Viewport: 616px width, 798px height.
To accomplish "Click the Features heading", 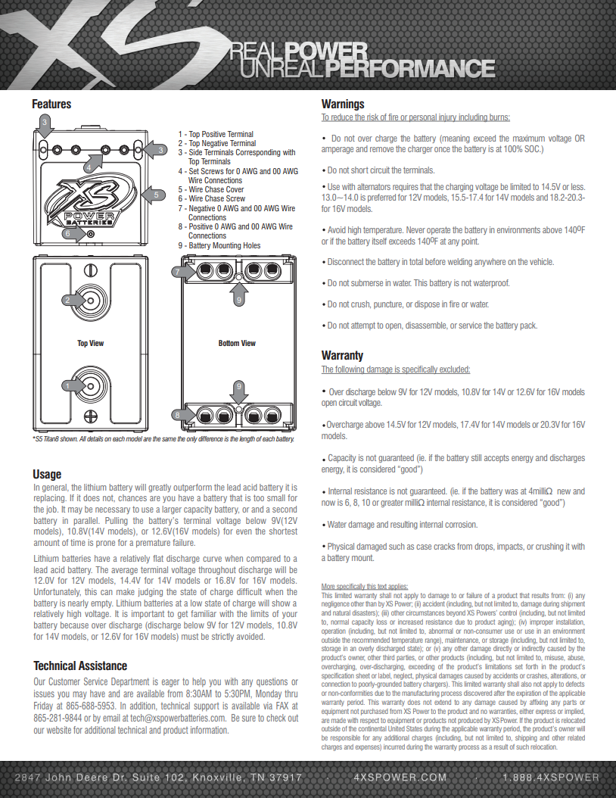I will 51,104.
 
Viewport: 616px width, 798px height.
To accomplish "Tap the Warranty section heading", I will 342,355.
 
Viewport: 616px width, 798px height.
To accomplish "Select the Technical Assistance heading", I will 80,666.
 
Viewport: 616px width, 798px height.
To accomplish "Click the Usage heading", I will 47,474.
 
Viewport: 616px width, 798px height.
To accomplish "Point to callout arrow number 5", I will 155,195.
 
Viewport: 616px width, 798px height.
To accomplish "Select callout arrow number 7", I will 178,272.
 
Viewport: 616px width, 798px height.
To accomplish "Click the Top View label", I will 90,344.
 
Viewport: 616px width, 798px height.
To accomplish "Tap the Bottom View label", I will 237,344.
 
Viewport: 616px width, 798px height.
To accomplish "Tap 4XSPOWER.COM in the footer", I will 400,778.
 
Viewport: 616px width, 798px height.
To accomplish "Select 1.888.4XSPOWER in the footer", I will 550,778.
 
